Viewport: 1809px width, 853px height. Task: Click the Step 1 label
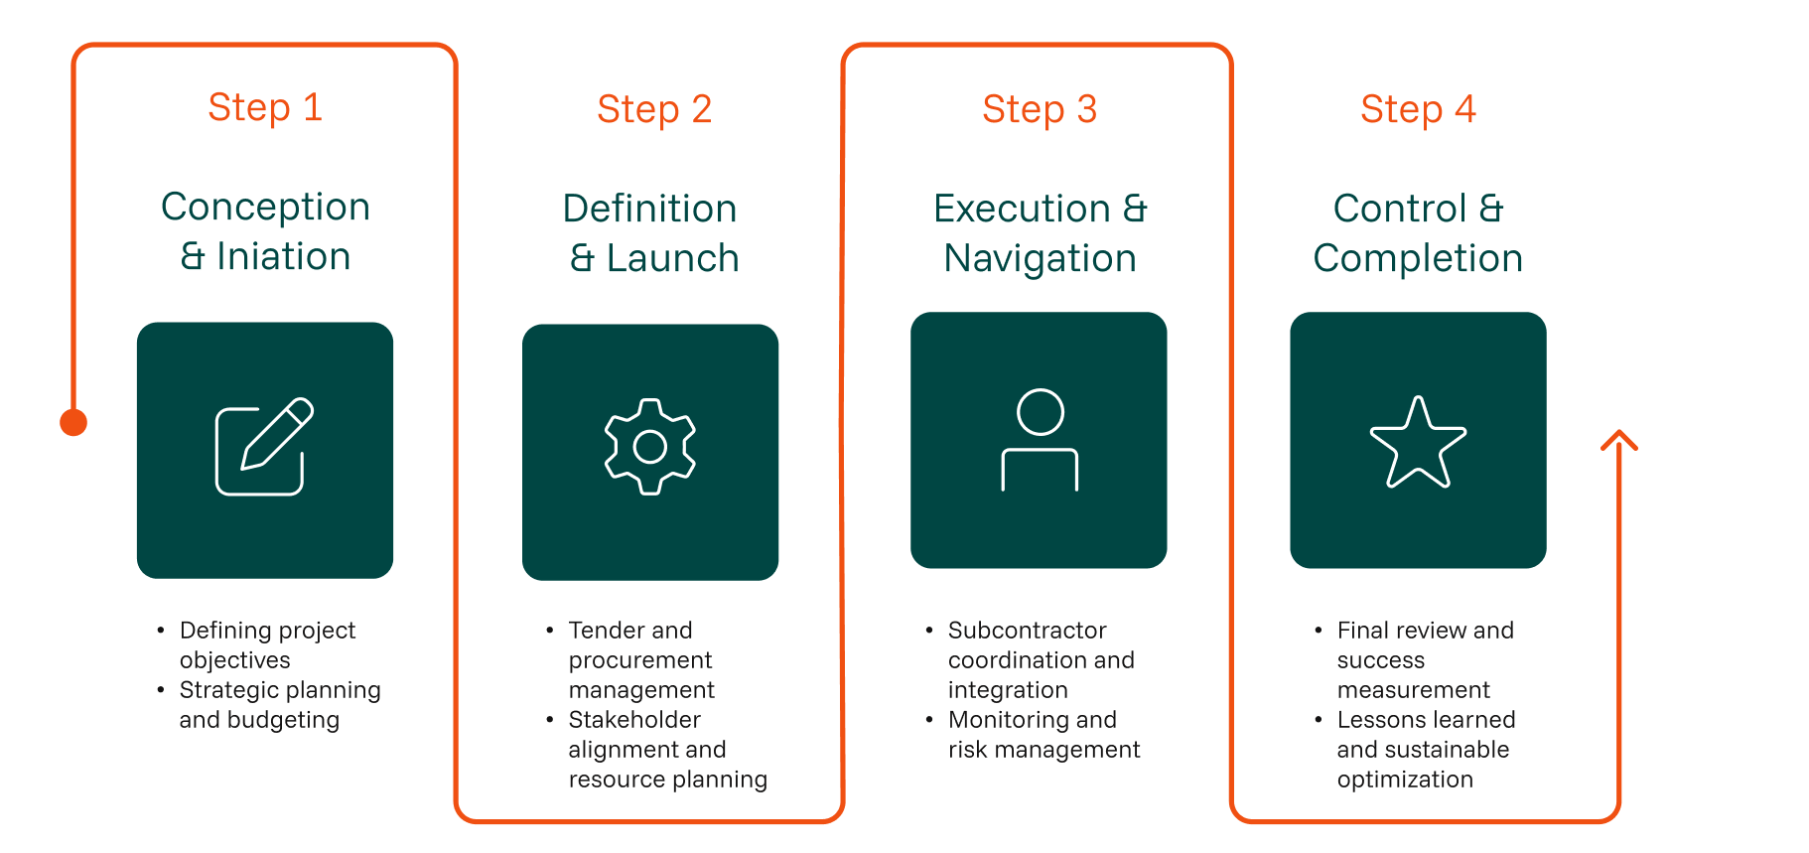265,107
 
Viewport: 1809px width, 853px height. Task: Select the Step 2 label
654,109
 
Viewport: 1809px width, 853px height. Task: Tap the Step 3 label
1040,109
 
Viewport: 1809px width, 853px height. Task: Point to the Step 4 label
1418,109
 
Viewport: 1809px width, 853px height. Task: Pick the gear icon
650,447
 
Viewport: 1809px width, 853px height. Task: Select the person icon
1040,440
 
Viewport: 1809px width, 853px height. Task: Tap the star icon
1418,443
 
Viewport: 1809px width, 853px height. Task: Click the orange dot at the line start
73,423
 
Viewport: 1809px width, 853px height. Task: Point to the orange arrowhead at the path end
1619,439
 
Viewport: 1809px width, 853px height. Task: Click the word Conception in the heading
265,208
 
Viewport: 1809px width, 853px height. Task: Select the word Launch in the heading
672,259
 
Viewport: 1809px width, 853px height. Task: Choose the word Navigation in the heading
1040,259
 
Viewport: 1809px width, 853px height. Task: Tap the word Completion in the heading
1418,259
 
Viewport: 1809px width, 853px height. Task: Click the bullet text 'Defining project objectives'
266,644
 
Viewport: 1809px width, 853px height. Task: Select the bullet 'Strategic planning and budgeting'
279,704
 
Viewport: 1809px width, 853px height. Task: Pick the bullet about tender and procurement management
640,659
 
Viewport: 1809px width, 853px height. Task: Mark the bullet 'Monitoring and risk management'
1043,734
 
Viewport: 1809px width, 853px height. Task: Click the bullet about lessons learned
1425,749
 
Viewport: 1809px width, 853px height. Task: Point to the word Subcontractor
1027,631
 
